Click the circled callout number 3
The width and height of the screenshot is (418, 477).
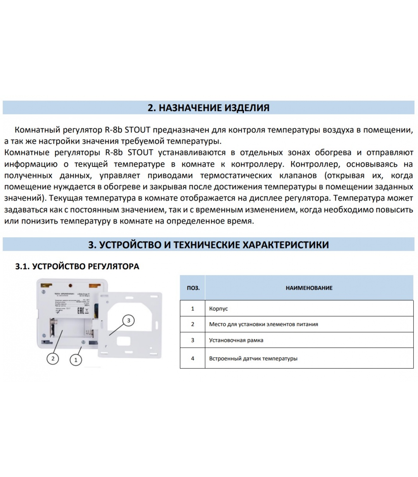pos(129,321)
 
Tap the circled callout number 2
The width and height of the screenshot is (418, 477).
pos(53,358)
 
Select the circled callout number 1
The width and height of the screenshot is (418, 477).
pos(76,360)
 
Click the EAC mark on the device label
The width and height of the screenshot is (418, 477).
pos(80,311)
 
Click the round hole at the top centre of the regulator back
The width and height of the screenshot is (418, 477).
pos(71,285)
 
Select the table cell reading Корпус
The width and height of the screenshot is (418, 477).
pos(219,309)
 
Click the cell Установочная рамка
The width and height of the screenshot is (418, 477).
pos(236,340)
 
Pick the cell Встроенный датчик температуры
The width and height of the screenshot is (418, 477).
pos(253,358)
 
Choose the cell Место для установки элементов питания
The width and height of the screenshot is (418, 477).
pos(263,324)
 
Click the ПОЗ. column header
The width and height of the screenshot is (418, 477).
pos(193,288)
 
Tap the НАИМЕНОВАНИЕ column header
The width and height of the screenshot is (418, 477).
pos(309,288)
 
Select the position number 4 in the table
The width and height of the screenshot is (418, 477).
pos(193,358)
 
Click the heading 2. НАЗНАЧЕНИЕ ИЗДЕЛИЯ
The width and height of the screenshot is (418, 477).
pos(208,108)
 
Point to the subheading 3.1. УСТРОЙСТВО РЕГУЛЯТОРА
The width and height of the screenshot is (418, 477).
pos(77,266)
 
